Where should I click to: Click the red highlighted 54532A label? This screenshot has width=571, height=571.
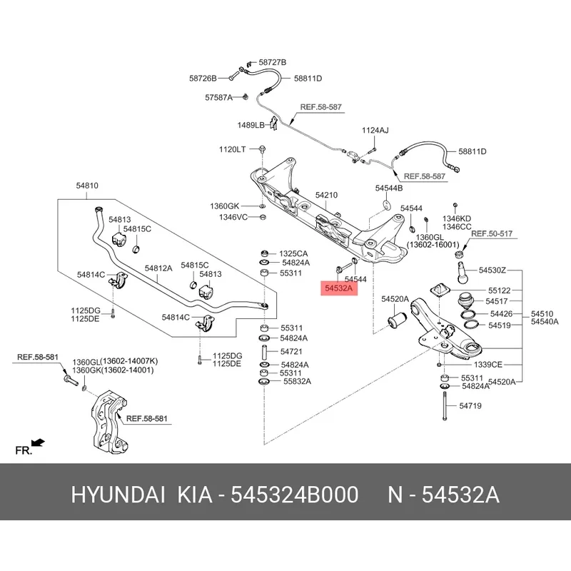[338, 288]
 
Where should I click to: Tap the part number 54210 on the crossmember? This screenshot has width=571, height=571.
[326, 195]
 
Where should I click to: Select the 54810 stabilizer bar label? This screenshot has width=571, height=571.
[87, 186]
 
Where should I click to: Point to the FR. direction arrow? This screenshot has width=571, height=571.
[38, 443]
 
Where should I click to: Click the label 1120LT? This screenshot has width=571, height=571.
[233, 149]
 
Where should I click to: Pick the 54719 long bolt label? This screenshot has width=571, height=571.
[470, 405]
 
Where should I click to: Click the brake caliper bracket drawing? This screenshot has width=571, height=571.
[108, 423]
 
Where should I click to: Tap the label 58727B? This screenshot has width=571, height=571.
[273, 62]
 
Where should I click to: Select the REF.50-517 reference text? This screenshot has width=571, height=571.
[492, 234]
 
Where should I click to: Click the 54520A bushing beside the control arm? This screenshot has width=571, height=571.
[397, 320]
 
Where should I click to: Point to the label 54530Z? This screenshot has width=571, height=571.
[492, 271]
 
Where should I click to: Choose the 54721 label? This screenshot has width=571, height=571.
[291, 352]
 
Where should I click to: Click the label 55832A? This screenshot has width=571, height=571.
[297, 382]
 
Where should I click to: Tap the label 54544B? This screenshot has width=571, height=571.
[389, 188]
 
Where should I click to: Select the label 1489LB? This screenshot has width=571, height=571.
[251, 126]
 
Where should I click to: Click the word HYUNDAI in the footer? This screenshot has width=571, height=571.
[118, 495]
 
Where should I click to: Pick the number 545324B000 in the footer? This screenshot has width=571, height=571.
[295, 495]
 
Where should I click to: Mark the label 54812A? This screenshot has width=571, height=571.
[158, 268]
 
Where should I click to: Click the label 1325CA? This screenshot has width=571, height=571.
[293, 253]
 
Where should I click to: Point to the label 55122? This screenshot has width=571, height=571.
[499, 290]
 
